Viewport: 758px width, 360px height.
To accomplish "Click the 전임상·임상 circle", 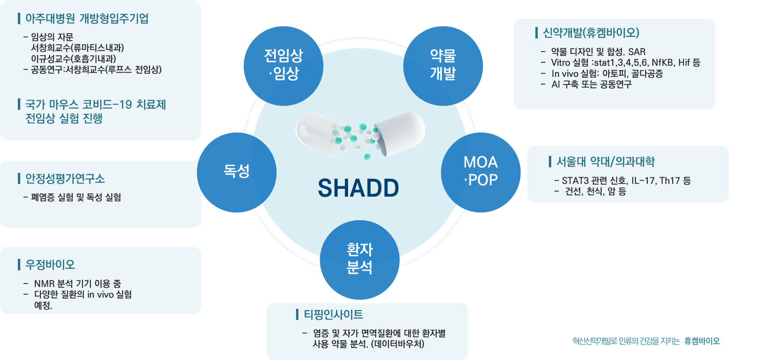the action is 283,66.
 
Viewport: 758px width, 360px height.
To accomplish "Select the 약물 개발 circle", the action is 443,66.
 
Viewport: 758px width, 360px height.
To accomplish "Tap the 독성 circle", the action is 237,172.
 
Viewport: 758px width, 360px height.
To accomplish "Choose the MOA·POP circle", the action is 481,172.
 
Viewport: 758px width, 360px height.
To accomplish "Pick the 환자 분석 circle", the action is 360,260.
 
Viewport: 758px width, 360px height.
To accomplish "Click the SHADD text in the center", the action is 358,188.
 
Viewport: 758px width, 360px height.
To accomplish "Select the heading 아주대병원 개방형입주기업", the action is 87,19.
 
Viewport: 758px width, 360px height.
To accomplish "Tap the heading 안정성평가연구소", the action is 65,179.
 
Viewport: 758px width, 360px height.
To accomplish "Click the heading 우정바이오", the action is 50,264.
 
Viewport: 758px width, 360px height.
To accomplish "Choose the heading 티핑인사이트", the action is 333,314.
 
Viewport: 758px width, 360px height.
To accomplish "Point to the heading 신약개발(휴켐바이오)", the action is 591,33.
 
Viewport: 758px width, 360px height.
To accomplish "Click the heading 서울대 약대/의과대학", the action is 606,162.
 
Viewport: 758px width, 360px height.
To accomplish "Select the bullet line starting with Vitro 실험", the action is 625,63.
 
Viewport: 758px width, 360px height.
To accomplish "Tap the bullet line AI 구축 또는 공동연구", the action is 591,85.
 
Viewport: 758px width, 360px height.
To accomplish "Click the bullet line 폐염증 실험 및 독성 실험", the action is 76,197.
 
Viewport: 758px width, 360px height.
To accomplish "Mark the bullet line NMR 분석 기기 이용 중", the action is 77,284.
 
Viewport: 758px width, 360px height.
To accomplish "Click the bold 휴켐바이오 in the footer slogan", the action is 702,341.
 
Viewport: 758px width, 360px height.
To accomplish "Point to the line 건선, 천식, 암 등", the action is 596,192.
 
